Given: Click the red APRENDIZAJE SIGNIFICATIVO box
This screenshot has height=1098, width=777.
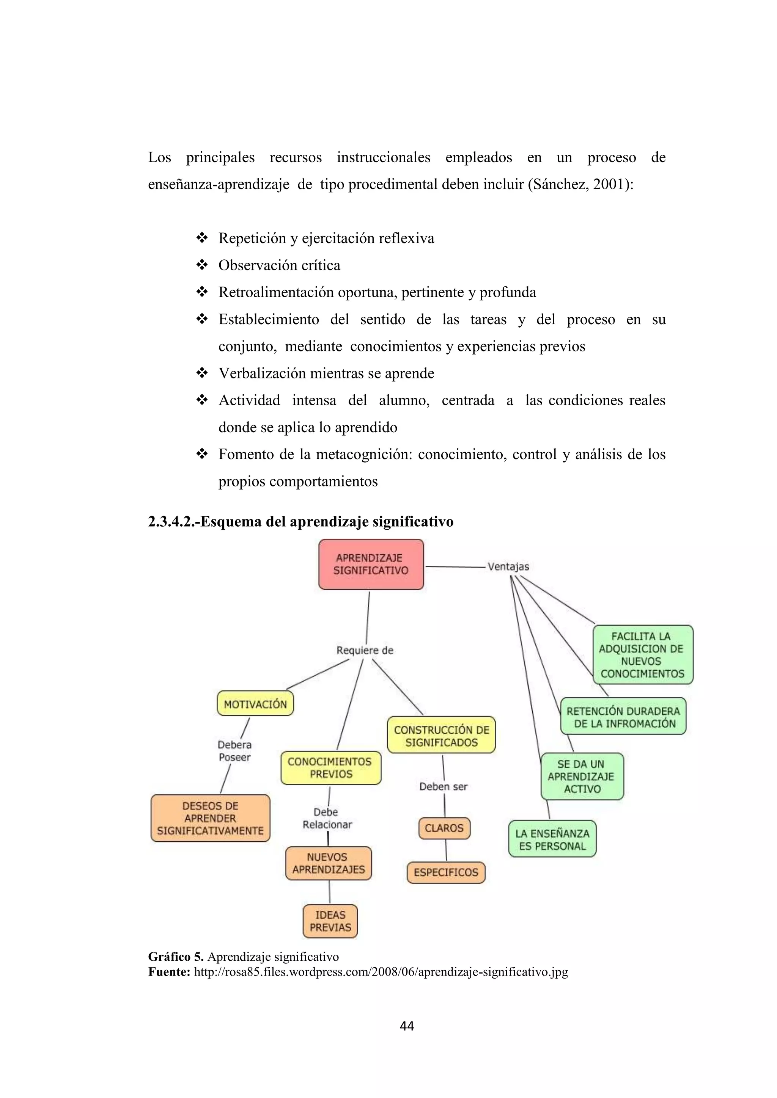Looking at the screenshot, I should point(371,564).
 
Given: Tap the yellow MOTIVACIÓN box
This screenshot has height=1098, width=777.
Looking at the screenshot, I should point(255,703).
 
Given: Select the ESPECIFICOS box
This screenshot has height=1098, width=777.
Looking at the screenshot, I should point(446,872).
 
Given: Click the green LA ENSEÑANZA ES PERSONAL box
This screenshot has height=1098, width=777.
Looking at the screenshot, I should point(552,840).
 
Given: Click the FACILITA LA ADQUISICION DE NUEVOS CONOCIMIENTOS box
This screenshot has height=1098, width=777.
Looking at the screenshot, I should point(643,655).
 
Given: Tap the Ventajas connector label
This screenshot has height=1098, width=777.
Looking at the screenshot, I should point(508,567).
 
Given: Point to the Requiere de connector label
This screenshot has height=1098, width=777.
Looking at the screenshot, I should point(365,650).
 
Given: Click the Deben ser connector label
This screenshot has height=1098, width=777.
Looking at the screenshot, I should point(443,787).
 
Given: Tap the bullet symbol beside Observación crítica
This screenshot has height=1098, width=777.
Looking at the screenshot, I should point(201,265).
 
